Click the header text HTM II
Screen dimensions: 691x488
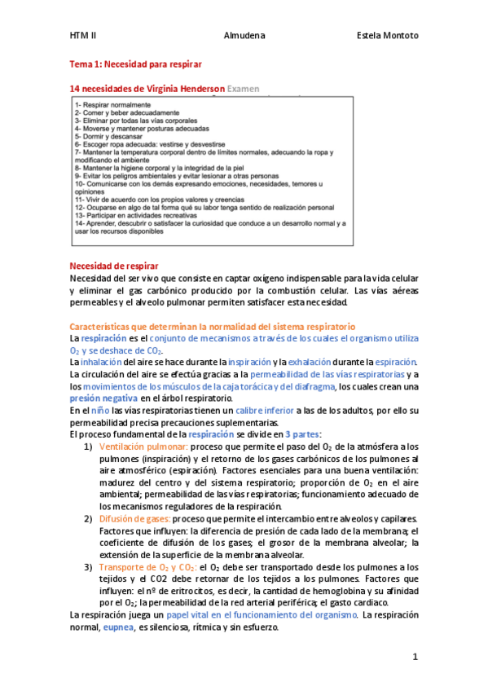[82, 36]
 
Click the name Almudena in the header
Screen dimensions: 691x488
[243, 36]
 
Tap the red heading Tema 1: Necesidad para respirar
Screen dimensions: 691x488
[135, 63]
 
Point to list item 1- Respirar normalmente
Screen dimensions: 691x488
[112, 104]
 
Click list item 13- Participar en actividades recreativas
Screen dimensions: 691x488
[139, 213]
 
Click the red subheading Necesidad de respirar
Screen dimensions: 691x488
[114, 266]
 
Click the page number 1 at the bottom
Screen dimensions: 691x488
[415, 656]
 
